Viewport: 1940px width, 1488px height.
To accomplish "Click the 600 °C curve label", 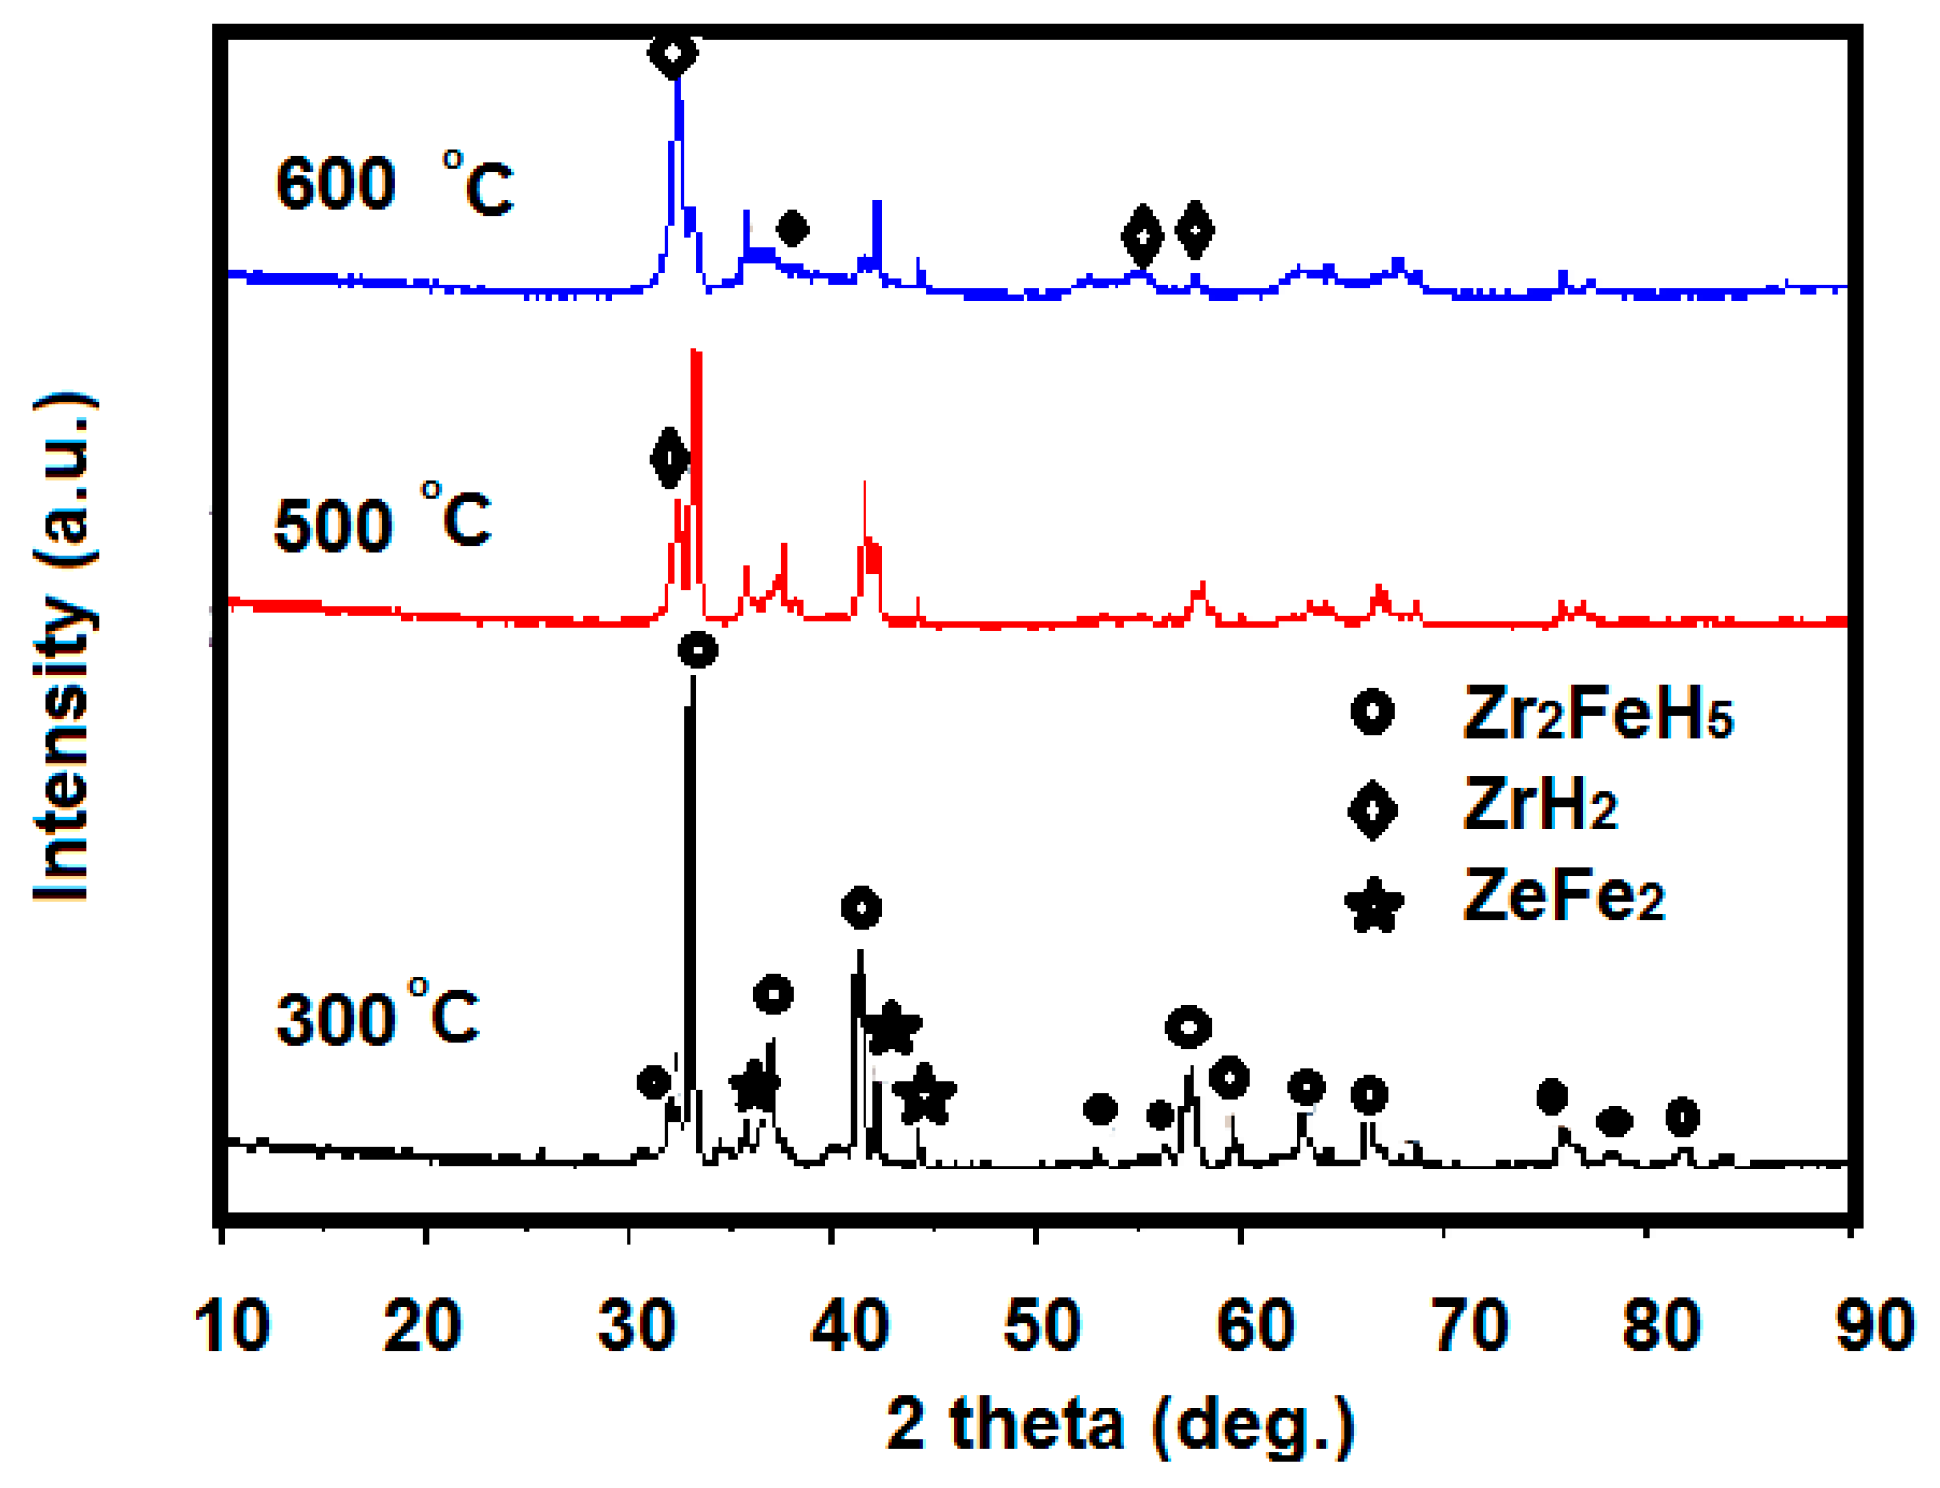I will (394, 185).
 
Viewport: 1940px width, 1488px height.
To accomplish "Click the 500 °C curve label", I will (382, 521).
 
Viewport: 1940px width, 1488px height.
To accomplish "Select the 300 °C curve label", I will (378, 1017).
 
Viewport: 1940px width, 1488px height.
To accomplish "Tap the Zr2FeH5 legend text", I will (1597, 715).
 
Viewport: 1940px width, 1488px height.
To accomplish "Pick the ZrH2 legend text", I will (1540, 806).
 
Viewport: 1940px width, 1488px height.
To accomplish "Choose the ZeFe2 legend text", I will (1563, 896).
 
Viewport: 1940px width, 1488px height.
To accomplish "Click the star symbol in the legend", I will (1373, 905).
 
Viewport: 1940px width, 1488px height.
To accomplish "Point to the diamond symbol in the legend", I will (1372, 810).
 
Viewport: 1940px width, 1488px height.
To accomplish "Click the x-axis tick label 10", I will (232, 1328).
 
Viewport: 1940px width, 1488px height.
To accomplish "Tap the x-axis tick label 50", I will (1042, 1328).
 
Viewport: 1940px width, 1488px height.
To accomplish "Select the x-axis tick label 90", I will (1875, 1328).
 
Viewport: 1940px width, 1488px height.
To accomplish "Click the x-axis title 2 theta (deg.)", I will (1120, 1424).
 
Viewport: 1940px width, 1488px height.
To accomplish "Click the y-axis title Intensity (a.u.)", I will (63, 647).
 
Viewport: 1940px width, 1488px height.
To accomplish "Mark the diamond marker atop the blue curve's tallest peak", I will (673, 53).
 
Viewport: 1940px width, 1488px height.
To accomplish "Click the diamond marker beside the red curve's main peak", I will (669, 457).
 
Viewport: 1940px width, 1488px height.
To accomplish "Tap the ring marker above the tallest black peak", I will (697, 650).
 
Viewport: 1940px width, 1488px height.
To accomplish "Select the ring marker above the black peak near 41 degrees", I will (862, 909).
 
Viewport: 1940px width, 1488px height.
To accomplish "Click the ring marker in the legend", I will (1372, 712).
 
